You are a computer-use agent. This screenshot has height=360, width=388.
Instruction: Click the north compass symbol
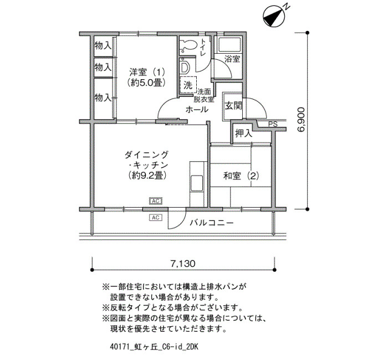click(x=274, y=17)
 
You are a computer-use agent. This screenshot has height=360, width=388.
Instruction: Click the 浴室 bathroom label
click(x=232, y=59)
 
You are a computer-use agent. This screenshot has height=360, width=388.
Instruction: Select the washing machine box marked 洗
click(x=188, y=85)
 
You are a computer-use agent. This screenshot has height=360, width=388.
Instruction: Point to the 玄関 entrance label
click(x=233, y=106)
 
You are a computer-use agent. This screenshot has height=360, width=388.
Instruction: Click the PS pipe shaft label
click(x=273, y=124)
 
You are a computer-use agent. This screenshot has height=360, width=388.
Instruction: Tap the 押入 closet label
click(x=243, y=133)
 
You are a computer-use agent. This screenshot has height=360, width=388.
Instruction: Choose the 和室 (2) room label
click(x=241, y=176)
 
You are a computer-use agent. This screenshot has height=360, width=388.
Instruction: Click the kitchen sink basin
click(x=196, y=183)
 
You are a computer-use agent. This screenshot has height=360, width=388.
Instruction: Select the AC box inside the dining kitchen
click(x=155, y=201)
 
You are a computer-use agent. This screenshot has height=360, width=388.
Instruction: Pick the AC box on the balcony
click(x=155, y=218)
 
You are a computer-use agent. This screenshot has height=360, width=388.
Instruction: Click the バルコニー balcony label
click(x=212, y=223)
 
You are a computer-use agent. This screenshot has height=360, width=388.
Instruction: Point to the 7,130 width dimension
click(x=182, y=264)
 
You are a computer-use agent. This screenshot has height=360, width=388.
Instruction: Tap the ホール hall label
click(x=197, y=109)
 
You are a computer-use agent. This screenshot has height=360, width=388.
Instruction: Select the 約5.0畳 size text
click(x=146, y=83)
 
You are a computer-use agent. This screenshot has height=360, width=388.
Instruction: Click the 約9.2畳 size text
click(x=147, y=175)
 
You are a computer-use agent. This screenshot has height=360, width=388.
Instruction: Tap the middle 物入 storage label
click(x=103, y=67)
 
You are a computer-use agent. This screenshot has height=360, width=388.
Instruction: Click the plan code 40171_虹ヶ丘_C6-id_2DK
click(x=154, y=347)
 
